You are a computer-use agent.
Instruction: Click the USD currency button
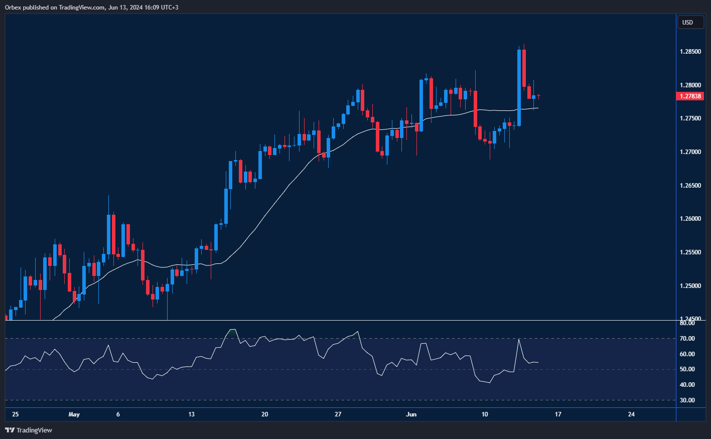(x=687, y=22)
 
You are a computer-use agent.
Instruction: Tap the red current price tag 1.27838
(x=690, y=96)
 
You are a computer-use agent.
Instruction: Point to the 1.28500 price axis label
(x=690, y=52)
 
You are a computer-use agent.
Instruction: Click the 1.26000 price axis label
(x=690, y=219)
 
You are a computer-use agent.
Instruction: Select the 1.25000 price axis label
(x=690, y=286)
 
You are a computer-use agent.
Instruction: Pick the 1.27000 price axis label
(x=690, y=152)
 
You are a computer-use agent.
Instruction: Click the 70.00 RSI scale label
(x=687, y=339)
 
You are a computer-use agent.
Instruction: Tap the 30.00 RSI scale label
(x=687, y=400)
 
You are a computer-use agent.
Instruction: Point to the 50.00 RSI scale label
(x=687, y=369)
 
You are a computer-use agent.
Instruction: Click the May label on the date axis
(x=74, y=414)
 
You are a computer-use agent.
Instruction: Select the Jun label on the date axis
(x=411, y=414)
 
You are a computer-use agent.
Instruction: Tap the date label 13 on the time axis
(x=191, y=414)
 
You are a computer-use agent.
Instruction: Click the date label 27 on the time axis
(x=338, y=414)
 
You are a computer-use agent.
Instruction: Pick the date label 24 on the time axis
(x=631, y=414)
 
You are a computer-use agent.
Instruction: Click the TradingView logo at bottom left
(x=29, y=430)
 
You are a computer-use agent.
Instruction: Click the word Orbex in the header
(x=13, y=8)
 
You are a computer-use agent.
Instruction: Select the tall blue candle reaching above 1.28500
(x=519, y=87)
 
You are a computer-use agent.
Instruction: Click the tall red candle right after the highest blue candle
(x=524, y=68)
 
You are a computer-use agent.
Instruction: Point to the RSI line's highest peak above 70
(x=232, y=330)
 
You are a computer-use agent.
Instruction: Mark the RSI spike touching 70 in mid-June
(x=518, y=340)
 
